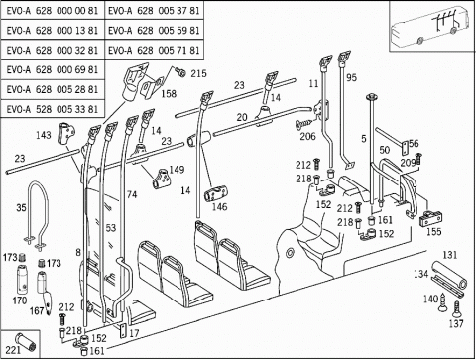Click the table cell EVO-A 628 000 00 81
point(53,11)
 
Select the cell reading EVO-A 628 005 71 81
point(154,50)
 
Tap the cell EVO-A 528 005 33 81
point(53,109)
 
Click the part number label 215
point(198,73)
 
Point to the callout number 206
point(307,136)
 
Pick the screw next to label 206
point(303,124)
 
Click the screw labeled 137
point(457,310)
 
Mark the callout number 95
point(351,77)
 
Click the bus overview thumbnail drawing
point(430,27)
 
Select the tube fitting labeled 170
point(23,279)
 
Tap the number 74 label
point(132,194)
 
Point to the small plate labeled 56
point(405,148)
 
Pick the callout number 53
point(111,228)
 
